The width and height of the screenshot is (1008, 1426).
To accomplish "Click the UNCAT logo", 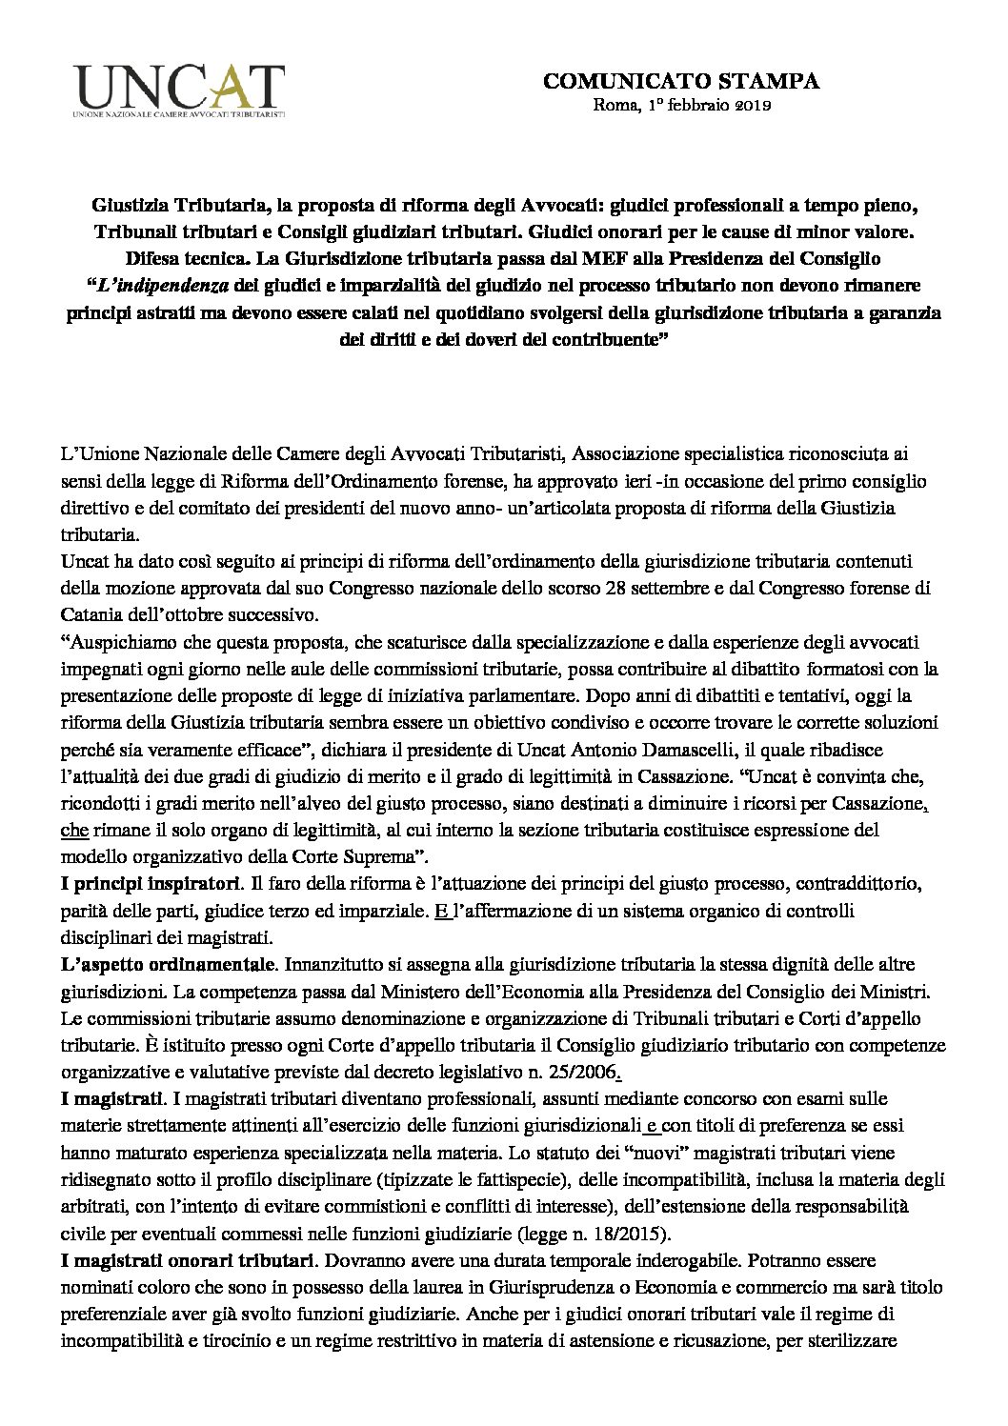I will point(180,88).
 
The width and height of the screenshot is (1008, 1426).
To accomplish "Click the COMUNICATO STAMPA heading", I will point(681,82).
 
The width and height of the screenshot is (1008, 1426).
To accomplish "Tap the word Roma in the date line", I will point(611,105).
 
